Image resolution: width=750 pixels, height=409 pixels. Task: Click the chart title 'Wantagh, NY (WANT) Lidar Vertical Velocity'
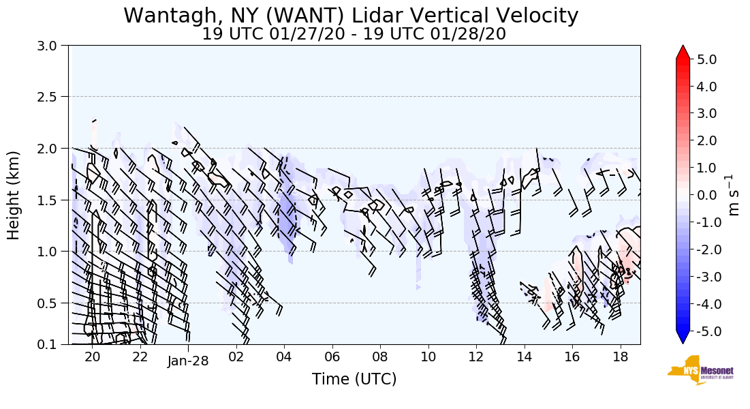pos(351,15)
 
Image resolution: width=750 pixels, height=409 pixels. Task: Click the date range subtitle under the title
pos(354,34)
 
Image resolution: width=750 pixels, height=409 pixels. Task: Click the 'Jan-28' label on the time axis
pos(188,361)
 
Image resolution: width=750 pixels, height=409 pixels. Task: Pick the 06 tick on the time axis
pos(332,357)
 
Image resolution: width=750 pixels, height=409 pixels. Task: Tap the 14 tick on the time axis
pos(524,357)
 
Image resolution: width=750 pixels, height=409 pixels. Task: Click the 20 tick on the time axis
pos(92,357)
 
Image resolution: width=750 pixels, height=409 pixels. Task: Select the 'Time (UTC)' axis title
pos(354,380)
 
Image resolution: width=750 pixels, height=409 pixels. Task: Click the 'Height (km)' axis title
pos(14,195)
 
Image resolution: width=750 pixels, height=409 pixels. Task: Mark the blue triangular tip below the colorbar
pos(683,337)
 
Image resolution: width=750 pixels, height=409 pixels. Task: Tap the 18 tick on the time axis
pos(620,357)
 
